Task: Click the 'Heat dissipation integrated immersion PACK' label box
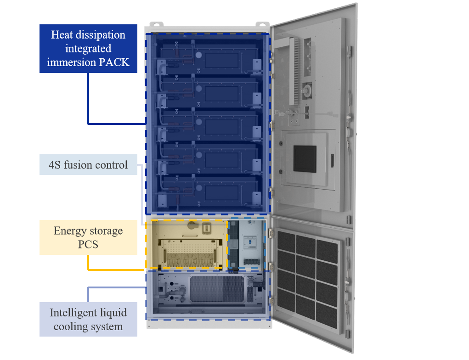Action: tap(88, 48)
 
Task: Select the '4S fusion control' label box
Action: tap(88, 165)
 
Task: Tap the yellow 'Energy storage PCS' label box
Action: tap(88, 237)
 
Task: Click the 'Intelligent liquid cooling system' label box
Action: tap(88, 319)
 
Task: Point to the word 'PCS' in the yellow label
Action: tap(88, 244)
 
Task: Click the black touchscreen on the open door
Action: tap(305, 158)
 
